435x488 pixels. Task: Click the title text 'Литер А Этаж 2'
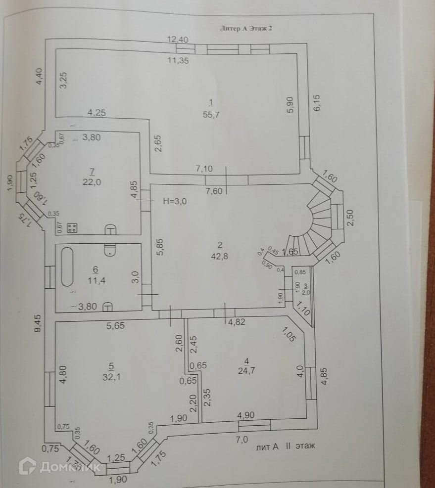coord(245,29)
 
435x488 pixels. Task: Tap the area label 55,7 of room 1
coord(211,114)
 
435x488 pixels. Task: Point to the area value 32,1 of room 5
coord(111,375)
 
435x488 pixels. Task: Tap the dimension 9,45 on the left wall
coord(38,324)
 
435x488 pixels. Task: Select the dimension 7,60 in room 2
coord(213,192)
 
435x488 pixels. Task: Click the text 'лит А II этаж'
coord(286,446)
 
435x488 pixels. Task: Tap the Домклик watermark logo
coord(59,466)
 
